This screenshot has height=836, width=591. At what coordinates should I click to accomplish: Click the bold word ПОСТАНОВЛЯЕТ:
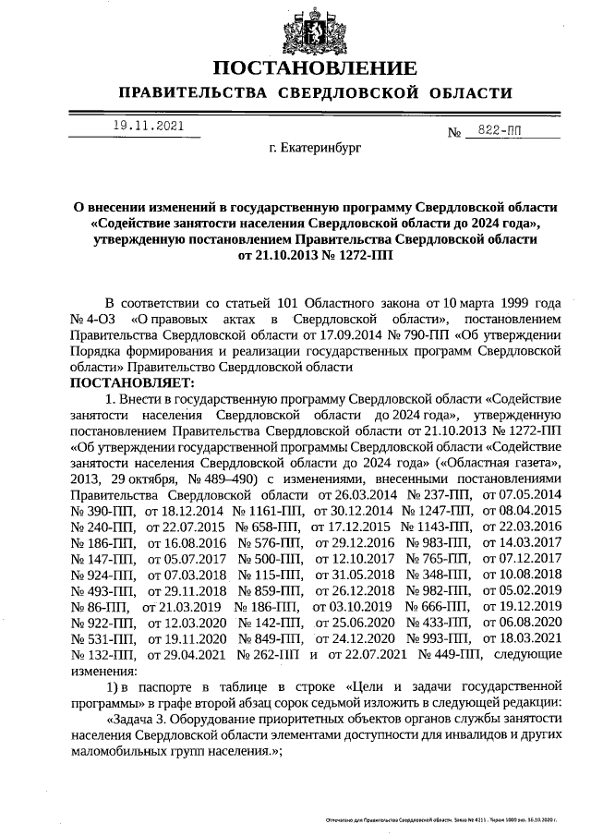point(132,382)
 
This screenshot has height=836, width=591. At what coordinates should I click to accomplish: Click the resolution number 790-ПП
point(418,334)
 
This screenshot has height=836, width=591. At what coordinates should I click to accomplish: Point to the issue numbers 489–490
point(225,479)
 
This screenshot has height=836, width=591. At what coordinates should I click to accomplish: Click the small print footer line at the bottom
point(444,820)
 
